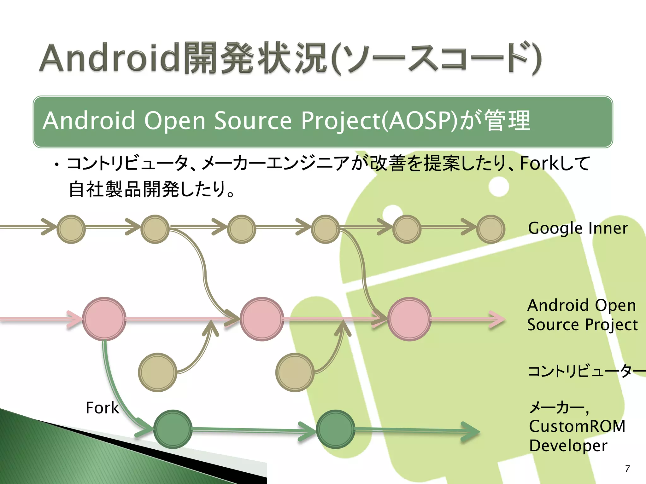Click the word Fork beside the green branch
(102, 408)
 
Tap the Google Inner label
(578, 228)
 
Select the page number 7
(627, 469)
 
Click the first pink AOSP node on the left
(104, 319)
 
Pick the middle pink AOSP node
(262, 319)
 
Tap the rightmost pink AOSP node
(409, 319)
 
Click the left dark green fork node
(173, 429)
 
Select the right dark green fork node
(335, 429)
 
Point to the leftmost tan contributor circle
(157, 372)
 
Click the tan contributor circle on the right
(295, 372)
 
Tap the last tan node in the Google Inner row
(491, 229)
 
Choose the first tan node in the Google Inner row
(71, 229)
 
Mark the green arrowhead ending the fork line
(472, 431)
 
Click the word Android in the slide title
(110, 58)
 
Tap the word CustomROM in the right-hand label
(577, 426)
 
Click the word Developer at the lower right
(568, 446)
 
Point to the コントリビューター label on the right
(585, 371)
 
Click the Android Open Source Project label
(582, 315)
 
